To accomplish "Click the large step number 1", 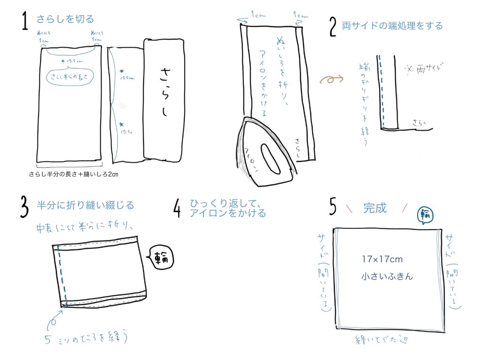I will click(25, 22).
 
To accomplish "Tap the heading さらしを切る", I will click(65, 19).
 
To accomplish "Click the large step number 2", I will click(333, 27).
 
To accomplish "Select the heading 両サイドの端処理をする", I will click(392, 25).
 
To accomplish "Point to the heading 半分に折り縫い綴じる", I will click(85, 205).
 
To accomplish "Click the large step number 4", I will click(177, 209).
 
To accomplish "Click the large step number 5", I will click(333, 207).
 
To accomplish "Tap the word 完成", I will click(375, 208).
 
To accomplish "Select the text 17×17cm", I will click(382, 259).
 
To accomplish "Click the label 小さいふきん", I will click(387, 276).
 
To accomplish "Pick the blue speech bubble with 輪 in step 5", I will click(426, 215).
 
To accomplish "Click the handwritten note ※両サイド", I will click(425, 68).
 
